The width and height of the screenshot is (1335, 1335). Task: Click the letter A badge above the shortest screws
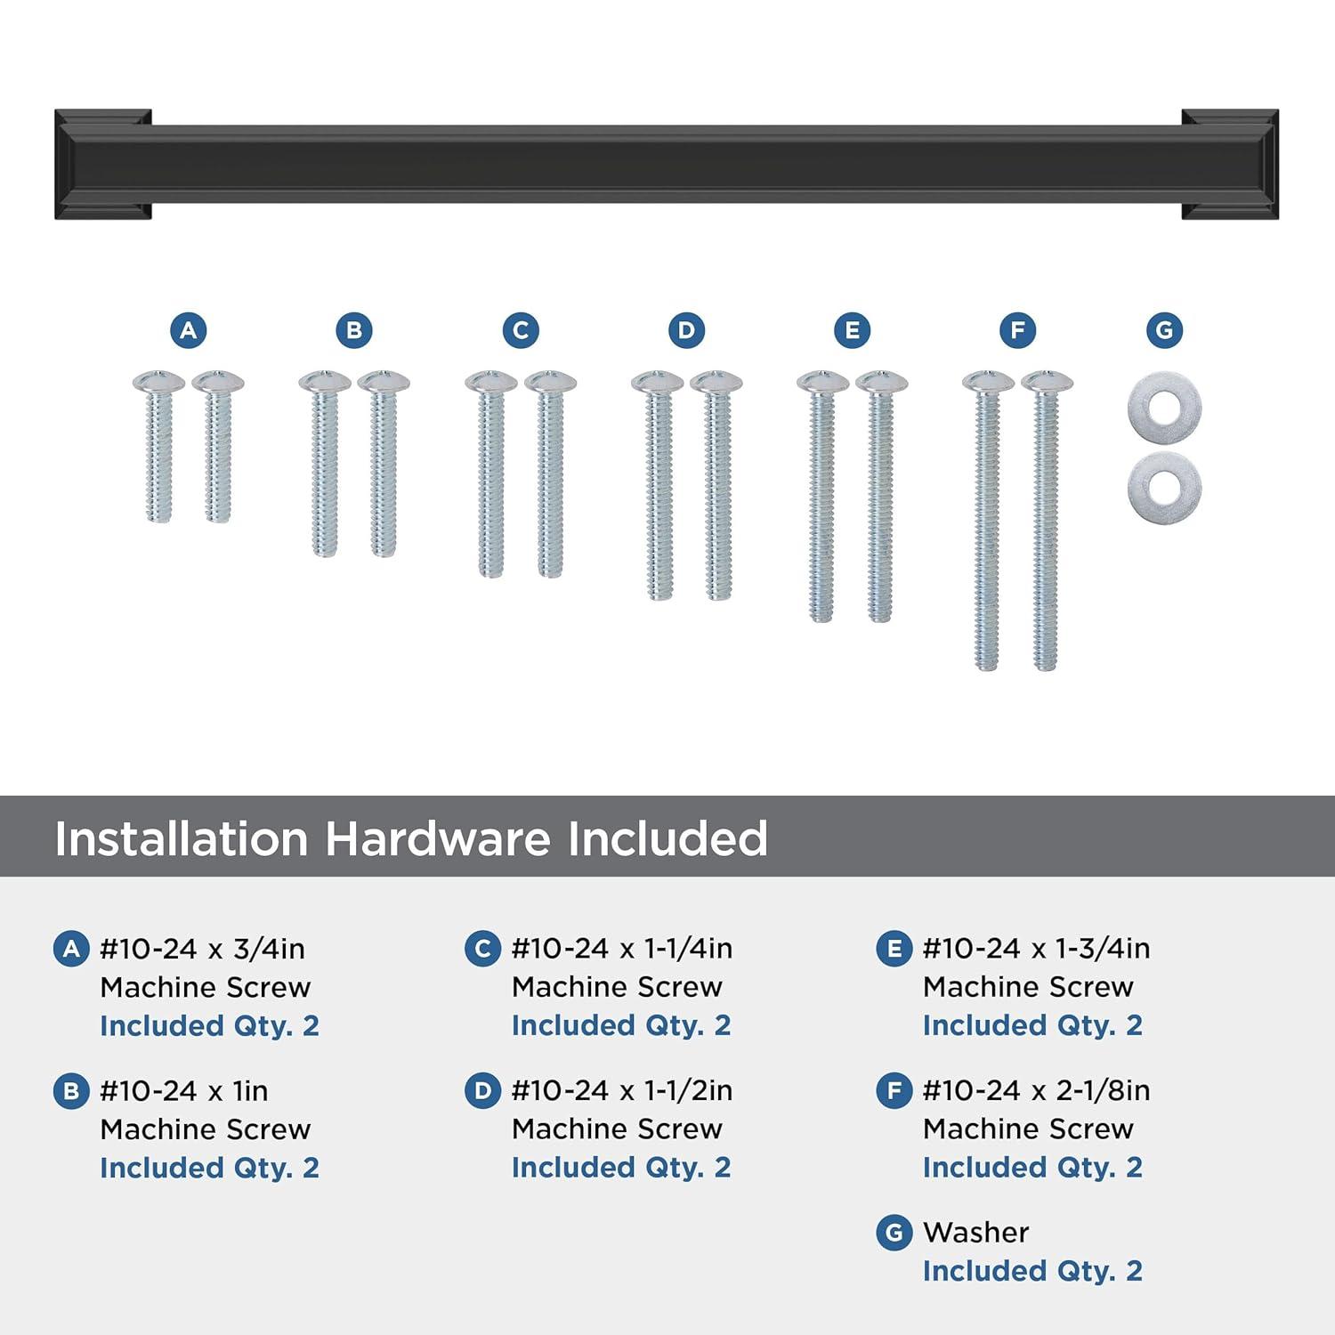(188, 330)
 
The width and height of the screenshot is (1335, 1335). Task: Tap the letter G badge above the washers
(1164, 330)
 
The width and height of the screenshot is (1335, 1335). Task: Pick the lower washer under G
(1164, 487)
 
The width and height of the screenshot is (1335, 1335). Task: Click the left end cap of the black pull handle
(103, 164)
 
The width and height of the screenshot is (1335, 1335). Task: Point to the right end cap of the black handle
(1230, 164)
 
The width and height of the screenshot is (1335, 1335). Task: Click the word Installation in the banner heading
(182, 838)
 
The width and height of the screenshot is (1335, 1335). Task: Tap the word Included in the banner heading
(667, 838)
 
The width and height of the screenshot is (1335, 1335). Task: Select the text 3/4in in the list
(269, 949)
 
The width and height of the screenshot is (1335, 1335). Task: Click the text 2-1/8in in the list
(1103, 1090)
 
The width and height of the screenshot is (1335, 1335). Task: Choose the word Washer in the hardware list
(975, 1232)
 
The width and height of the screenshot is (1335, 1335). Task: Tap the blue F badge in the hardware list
(894, 1090)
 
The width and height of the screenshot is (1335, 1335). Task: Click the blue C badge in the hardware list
(482, 949)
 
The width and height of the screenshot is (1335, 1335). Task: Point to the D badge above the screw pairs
(686, 330)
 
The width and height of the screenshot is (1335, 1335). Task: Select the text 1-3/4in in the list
(1103, 949)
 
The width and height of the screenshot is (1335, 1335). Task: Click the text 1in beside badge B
(250, 1090)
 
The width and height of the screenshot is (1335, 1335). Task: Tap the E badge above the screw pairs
(852, 330)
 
